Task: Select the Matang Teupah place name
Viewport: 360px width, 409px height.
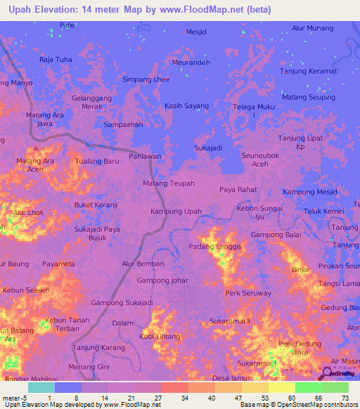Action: (x=169, y=183)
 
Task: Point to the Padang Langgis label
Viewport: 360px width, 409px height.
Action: (x=215, y=247)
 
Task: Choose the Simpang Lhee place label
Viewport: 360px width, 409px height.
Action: (x=146, y=79)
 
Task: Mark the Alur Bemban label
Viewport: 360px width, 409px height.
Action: (x=143, y=264)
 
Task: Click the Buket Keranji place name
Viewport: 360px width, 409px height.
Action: (x=96, y=204)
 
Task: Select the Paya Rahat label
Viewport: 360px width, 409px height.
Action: (x=238, y=190)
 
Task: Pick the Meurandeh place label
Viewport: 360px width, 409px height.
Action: (x=191, y=62)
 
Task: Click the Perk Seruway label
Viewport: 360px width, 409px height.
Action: (x=248, y=293)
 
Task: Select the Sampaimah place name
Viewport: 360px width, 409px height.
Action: (x=123, y=124)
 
